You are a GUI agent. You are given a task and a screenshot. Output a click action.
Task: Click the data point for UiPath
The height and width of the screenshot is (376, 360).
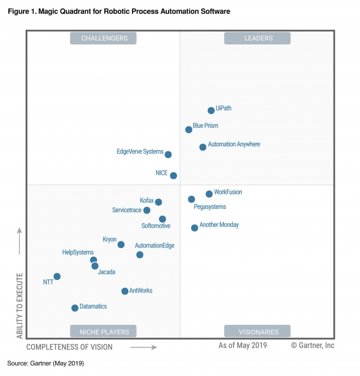pos(211,111)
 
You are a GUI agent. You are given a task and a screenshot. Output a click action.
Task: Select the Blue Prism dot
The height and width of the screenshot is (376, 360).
pos(189,129)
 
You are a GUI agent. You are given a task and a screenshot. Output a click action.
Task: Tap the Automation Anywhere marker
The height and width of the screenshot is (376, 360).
pos(203,147)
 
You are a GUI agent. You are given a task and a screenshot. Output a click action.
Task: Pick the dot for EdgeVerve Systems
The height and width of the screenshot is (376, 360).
pos(168,154)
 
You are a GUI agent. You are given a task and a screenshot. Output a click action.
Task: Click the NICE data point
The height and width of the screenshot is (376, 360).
pos(173,175)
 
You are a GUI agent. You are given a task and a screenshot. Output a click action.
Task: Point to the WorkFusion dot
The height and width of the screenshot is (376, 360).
pos(209,194)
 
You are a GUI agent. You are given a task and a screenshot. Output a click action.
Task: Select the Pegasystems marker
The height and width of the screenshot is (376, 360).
pos(191,199)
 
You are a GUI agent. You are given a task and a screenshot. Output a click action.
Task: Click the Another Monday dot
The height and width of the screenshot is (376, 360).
pos(194,228)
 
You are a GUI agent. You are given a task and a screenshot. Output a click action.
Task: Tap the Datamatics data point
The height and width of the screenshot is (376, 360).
pos(75,308)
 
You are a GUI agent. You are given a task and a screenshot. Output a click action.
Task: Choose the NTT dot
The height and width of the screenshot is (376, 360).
pos(57,277)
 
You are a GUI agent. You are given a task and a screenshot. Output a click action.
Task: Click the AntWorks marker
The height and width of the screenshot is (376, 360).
pos(125,291)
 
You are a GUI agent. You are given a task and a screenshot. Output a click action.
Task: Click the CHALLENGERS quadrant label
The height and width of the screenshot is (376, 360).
pos(103,38)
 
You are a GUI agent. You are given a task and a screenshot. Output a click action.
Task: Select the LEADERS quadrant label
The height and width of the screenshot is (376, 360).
pos(257,38)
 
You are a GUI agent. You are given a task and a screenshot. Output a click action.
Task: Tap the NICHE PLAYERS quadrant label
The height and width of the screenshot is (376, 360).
pos(103,331)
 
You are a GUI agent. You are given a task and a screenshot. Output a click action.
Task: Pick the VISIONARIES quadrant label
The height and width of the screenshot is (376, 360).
pos(257,331)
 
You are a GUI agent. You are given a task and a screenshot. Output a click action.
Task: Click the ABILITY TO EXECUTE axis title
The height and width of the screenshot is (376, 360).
pos(20,305)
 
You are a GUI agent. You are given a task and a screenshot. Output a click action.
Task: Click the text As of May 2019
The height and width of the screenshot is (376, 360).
pos(243,345)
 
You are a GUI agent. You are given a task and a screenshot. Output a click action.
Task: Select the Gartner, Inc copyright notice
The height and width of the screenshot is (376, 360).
pos(313,345)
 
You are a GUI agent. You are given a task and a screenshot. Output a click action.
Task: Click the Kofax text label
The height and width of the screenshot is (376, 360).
pos(147,200)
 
